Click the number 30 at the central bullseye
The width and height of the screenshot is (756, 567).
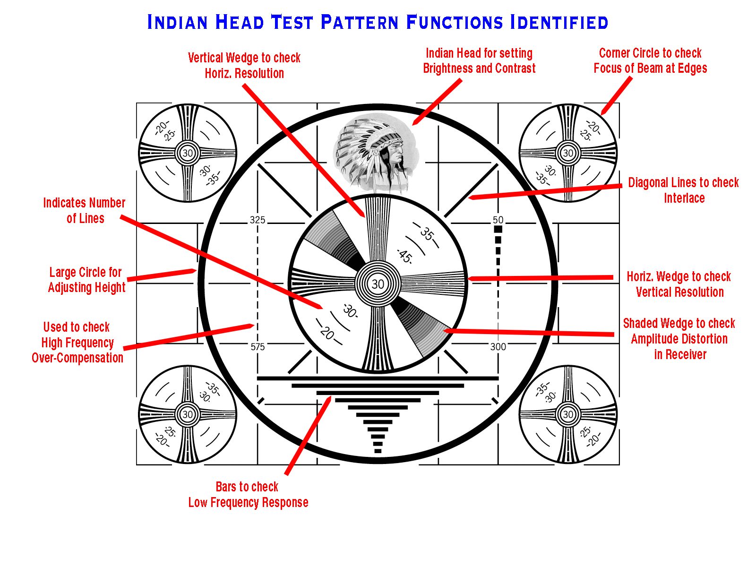point(378,284)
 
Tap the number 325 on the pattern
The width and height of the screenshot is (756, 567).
point(258,220)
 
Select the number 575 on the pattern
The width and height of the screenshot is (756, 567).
point(258,347)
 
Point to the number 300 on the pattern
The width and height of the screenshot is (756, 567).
point(498,347)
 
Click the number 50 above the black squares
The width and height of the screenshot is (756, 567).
point(498,220)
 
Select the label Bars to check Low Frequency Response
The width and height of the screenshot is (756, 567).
point(248,494)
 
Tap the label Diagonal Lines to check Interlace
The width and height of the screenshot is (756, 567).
point(683,190)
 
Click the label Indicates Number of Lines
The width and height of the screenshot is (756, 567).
point(85,210)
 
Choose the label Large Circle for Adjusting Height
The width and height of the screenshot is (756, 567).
point(86,280)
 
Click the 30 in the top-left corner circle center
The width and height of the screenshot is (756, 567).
point(188,153)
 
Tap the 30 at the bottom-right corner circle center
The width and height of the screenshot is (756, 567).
point(568,414)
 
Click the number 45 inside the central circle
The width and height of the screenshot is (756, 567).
point(405,256)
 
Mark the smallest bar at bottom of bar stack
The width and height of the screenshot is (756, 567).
point(378,451)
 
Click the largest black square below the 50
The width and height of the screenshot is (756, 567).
point(498,229)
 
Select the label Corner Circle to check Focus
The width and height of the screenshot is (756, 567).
point(650,60)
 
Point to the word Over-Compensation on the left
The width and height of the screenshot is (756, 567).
point(77,358)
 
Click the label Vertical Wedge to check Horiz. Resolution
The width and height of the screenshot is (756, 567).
point(244,65)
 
